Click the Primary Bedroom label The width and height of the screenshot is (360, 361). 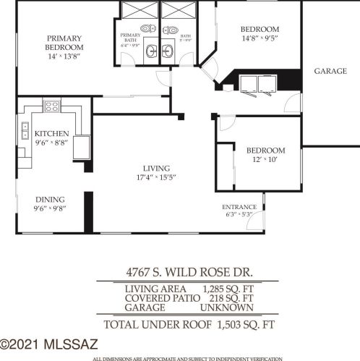[64, 42]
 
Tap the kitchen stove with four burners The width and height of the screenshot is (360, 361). [52, 106]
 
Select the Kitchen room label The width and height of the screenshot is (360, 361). [51, 133]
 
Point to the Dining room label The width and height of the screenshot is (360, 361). [50, 200]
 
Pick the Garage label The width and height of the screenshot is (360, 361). [332, 71]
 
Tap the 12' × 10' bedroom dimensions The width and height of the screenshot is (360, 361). [265, 161]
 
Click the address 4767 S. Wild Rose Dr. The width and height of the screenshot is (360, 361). [187, 274]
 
